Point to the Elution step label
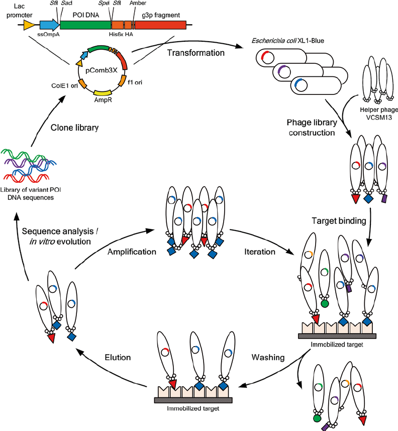118,358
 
